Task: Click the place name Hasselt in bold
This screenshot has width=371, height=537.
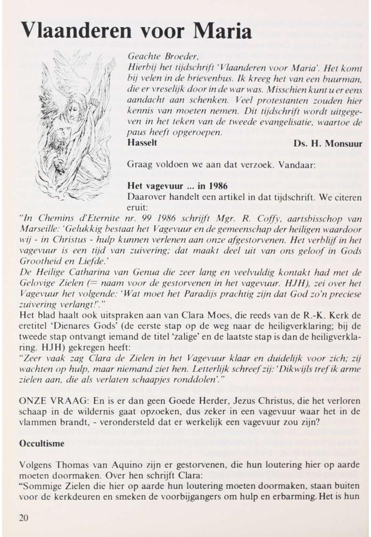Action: (x=143, y=143)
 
